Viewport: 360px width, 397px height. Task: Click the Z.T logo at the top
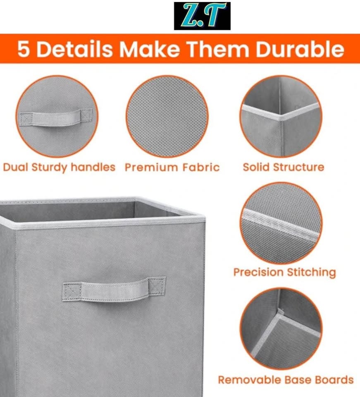point(202,16)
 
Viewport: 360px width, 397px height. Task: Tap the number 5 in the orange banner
point(24,49)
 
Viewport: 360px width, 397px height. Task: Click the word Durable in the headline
point(300,49)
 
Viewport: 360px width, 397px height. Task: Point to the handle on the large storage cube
point(114,289)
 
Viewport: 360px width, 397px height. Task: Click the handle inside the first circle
point(56,117)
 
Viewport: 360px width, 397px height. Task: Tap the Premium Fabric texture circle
point(167,117)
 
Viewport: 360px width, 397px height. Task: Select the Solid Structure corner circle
point(281,117)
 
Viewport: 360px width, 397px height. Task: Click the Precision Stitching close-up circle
point(281,223)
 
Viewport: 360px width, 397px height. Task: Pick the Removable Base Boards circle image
point(281,328)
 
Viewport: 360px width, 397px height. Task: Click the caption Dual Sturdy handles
point(59,167)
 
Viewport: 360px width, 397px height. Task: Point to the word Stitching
point(311,273)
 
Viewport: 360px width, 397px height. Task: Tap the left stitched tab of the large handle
point(72,292)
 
